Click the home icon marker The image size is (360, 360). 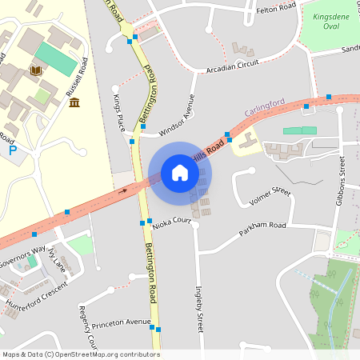pos(180,173)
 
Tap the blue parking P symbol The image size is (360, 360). pos(12,150)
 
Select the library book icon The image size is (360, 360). pos(35,71)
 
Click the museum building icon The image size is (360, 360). pos(74,102)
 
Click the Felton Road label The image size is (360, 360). pos(275,9)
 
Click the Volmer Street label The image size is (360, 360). pos(270,196)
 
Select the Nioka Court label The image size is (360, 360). pos(170,225)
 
